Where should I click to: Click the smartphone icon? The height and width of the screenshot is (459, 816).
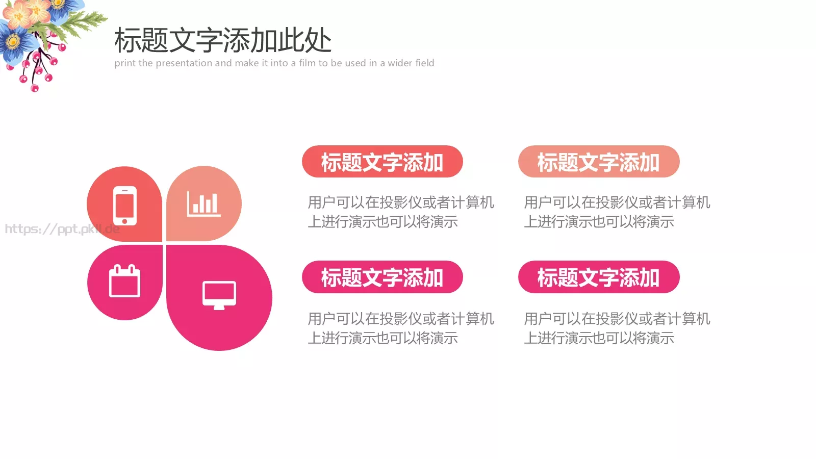coord(125,206)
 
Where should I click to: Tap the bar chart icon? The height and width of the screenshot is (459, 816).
coord(203,204)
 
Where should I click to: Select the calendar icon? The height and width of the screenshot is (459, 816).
coord(125,281)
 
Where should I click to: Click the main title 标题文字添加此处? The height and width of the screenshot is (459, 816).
coord(223,40)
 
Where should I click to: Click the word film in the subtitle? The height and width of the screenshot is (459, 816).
coord(307,63)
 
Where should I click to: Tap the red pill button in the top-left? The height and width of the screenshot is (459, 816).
coord(382,162)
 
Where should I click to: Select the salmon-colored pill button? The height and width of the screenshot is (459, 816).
coord(598,162)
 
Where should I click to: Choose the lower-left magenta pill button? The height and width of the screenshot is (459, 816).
coord(382,277)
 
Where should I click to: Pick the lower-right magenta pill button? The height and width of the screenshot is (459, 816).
coord(598,277)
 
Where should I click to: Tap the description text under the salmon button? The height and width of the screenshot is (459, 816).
coord(616,212)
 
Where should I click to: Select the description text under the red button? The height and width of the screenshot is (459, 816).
coord(400,212)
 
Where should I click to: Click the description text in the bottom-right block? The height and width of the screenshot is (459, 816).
coord(616,328)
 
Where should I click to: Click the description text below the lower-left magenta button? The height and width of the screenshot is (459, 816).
coord(400,328)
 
